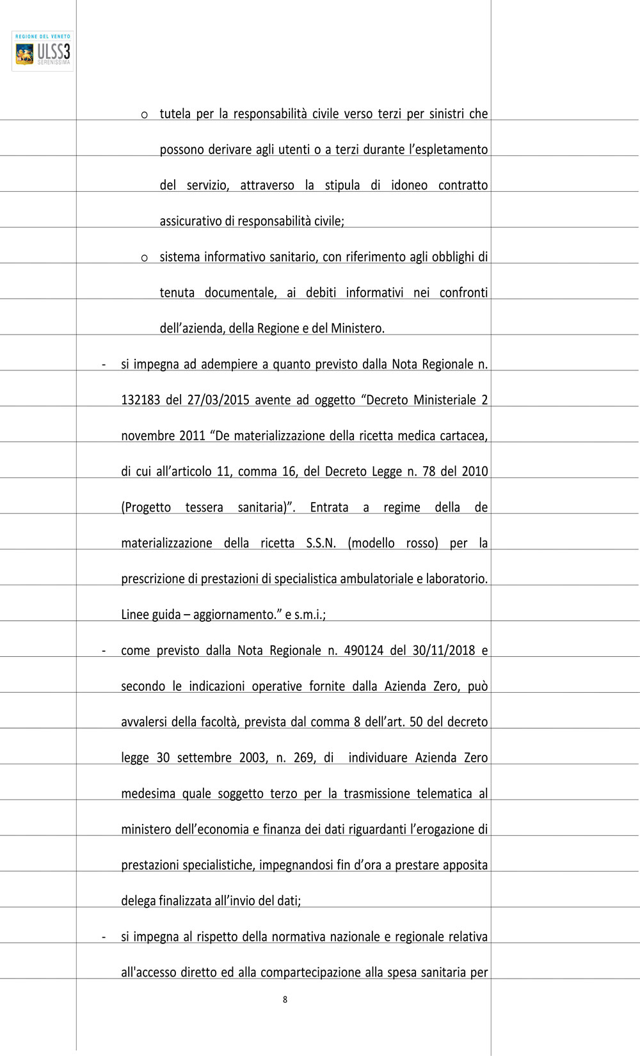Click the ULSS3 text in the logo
click(54, 51)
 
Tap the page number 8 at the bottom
click(285, 1000)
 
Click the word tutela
click(175, 114)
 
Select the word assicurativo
click(190, 221)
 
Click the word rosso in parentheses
click(422, 544)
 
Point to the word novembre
click(148, 436)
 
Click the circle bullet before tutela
click(145, 115)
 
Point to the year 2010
click(474, 472)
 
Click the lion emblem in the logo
click(25, 54)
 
